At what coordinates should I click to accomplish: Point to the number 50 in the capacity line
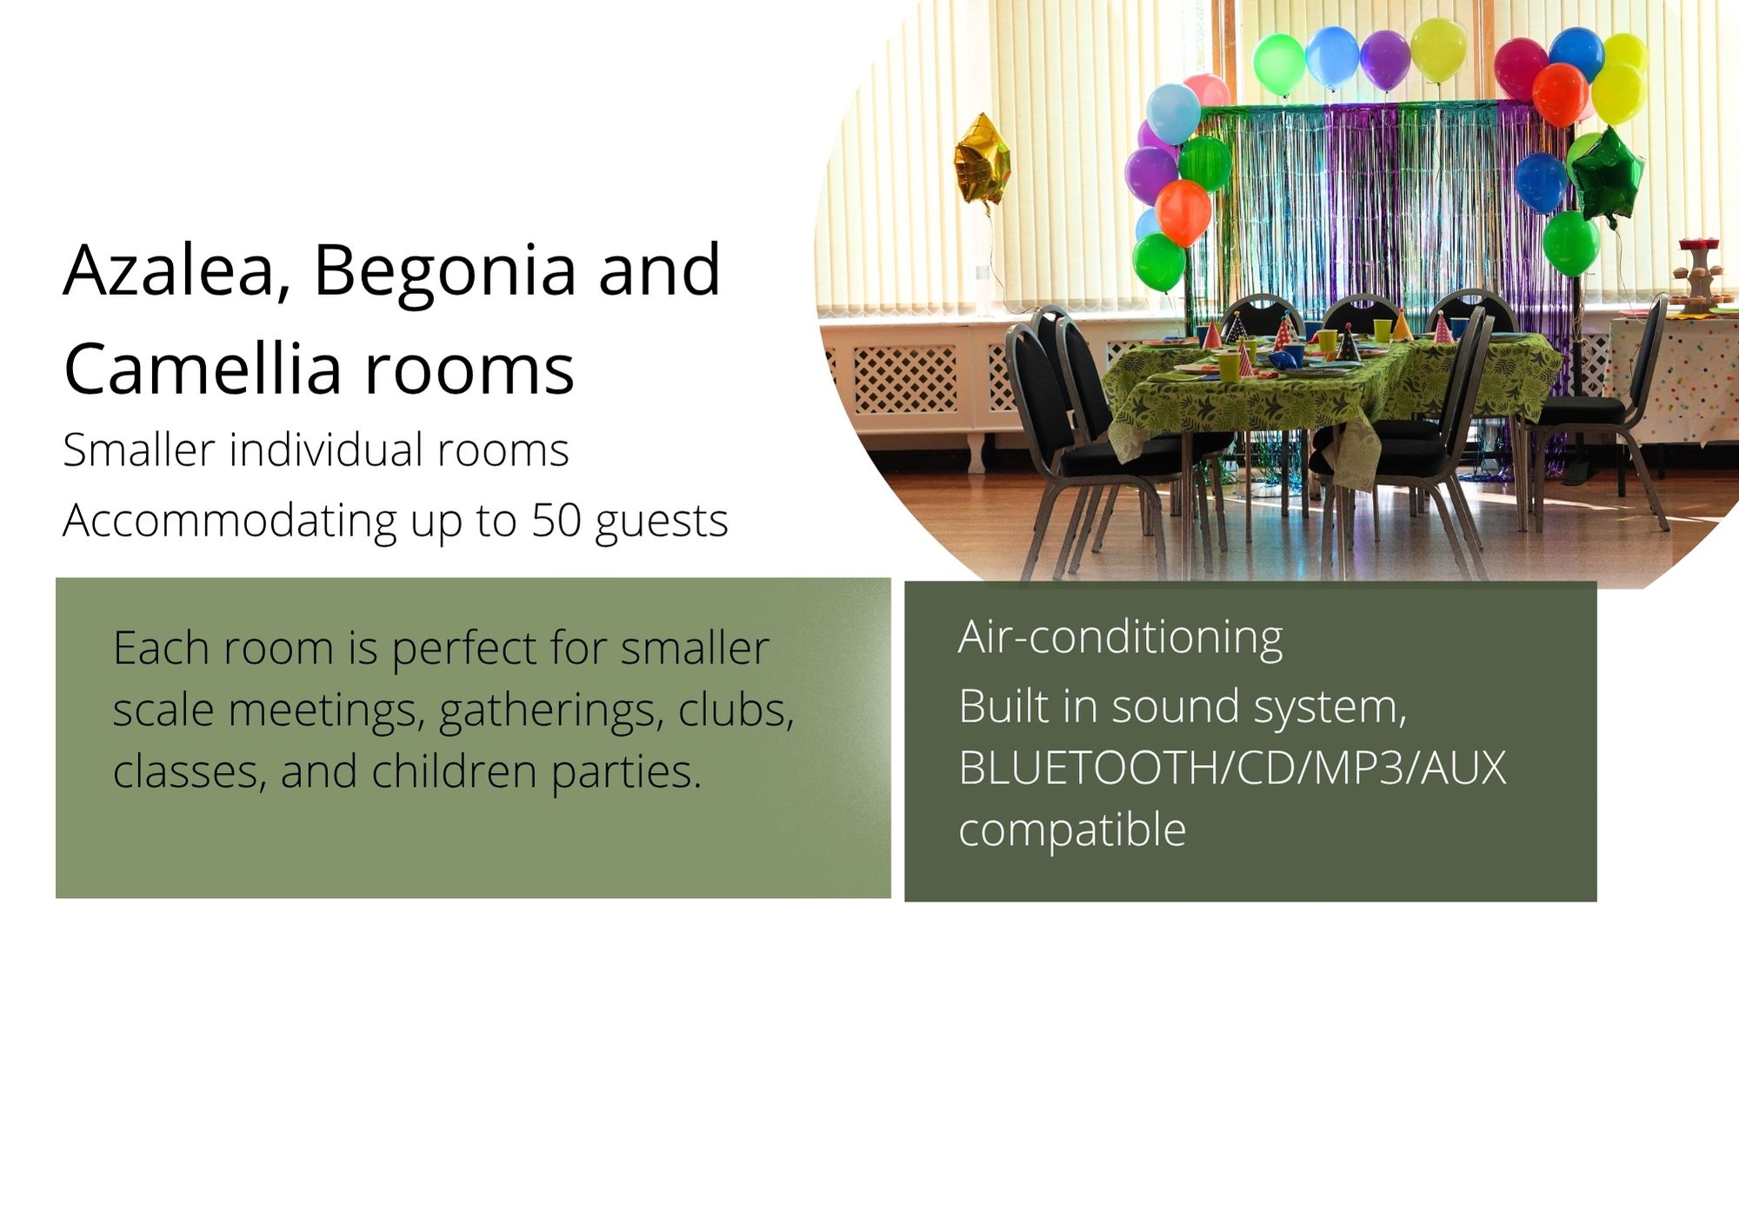pos(556,520)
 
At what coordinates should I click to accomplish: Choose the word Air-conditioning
pos(1120,637)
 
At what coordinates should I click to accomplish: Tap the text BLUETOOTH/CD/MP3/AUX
pos(1232,768)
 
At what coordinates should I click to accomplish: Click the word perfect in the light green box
pos(463,649)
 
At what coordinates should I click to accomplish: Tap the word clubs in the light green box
pos(736,710)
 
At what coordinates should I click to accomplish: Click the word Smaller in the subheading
pos(139,450)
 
